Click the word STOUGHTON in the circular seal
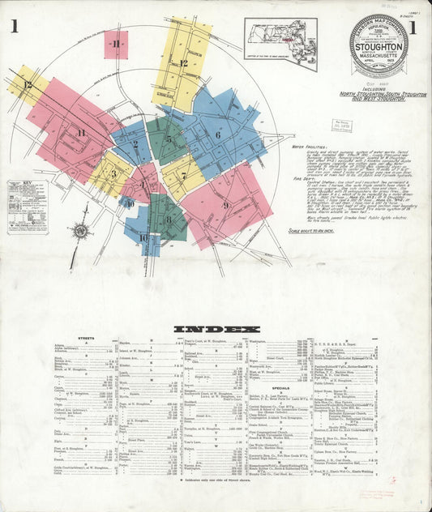(379, 48)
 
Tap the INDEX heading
(216, 329)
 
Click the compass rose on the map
(80, 231)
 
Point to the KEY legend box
(27, 207)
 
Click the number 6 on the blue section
(217, 134)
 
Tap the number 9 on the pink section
(225, 205)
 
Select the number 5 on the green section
(169, 139)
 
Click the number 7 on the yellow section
(184, 175)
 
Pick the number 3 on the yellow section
(113, 173)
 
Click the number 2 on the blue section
(135, 145)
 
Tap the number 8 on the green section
(169, 219)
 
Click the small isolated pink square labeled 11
(116, 44)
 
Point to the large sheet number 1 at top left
(15, 27)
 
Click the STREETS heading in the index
(86, 338)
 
